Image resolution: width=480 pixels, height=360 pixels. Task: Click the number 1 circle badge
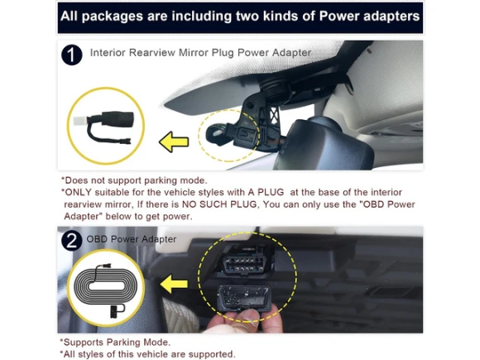click(x=72, y=55)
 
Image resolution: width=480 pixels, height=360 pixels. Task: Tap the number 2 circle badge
click(x=72, y=241)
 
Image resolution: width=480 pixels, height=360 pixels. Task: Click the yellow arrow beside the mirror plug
click(x=174, y=142)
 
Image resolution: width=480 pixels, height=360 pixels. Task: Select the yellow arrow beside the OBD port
click(x=174, y=284)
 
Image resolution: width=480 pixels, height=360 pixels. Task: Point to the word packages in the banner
click(x=112, y=17)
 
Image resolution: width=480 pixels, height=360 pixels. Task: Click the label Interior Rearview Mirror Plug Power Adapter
click(x=200, y=53)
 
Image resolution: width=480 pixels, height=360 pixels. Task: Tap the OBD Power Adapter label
click(x=132, y=239)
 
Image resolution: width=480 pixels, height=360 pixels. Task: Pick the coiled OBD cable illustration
click(x=107, y=287)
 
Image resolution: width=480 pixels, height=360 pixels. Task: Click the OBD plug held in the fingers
click(x=244, y=299)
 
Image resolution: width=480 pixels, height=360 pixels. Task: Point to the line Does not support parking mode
click(x=134, y=180)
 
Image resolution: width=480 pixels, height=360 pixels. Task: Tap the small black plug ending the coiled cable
click(x=114, y=312)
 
